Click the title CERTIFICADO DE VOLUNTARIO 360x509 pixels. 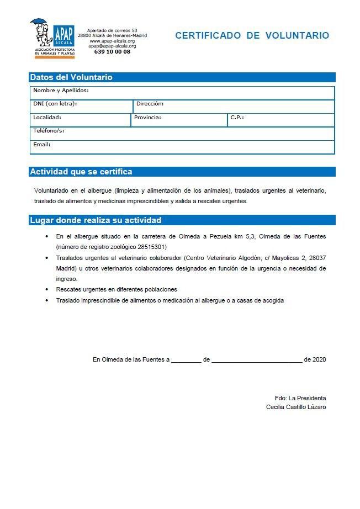coord(252,35)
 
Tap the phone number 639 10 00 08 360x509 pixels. coord(112,51)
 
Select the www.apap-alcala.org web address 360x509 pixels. coord(112,41)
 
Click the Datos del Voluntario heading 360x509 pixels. coord(71,77)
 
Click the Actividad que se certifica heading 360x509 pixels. coord(81,172)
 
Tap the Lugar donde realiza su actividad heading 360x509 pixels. coord(96,220)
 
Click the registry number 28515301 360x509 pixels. coord(147,247)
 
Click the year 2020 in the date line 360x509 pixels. coord(319,359)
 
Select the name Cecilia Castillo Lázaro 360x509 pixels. coord(296,407)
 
